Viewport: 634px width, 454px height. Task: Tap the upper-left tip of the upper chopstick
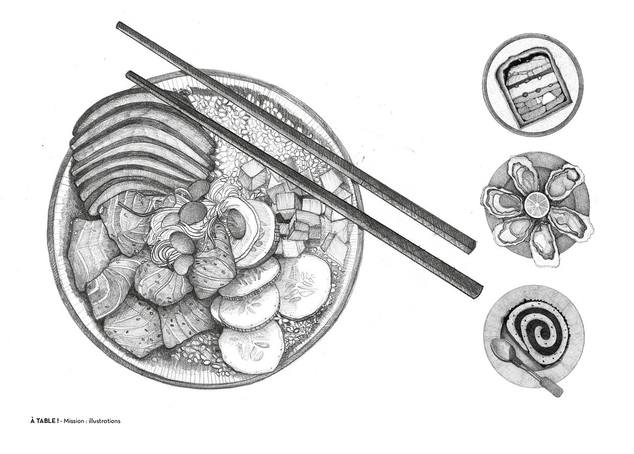click(x=119, y=25)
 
